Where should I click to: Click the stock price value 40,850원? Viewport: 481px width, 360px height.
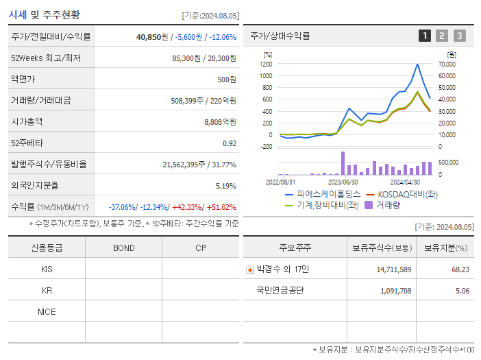(152, 37)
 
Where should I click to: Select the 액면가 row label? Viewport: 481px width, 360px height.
(23, 80)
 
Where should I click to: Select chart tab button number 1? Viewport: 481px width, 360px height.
(425, 36)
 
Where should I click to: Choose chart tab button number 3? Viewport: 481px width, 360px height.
(459, 36)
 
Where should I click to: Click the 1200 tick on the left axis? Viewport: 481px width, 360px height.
(267, 64)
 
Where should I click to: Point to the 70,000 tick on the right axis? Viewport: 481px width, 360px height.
(447, 64)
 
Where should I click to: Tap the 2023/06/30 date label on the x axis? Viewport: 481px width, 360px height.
(343, 182)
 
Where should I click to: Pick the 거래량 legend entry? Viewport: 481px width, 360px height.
(387, 204)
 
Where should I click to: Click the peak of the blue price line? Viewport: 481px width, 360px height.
(417, 64)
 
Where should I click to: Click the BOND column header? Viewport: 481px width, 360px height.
(123, 248)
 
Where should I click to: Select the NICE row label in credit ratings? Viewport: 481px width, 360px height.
(47, 311)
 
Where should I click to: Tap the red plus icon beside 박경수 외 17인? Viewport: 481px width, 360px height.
(249, 269)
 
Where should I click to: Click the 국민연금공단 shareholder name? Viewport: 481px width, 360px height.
(280, 291)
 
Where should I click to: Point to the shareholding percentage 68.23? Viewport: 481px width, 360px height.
(460, 269)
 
